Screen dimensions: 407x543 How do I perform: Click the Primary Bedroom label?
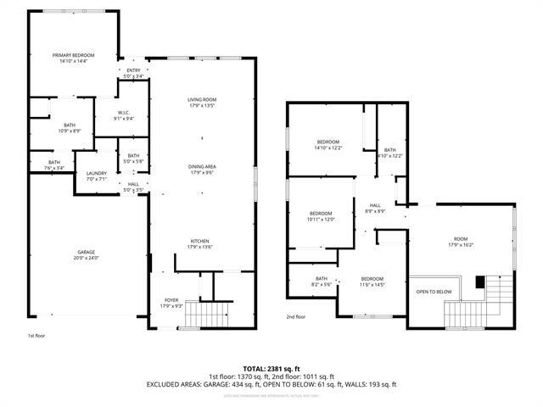(74, 58)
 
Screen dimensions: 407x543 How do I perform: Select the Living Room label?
(202, 103)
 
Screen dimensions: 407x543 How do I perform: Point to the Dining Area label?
(202, 170)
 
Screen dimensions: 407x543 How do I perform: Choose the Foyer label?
(171, 303)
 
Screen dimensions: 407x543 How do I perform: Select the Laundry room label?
(96, 176)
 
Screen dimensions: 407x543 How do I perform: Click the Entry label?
(133, 73)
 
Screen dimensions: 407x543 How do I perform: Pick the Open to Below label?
(433, 292)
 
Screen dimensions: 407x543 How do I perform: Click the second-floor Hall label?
(375, 207)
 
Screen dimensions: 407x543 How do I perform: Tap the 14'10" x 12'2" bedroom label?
(328, 144)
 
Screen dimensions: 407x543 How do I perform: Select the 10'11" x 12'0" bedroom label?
(321, 215)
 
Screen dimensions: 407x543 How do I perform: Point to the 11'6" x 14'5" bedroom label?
(372, 282)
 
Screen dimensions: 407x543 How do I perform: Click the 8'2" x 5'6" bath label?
(322, 282)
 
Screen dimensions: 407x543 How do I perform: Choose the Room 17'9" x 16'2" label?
(461, 242)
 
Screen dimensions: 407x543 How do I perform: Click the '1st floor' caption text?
(36, 336)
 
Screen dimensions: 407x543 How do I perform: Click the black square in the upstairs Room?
(480, 282)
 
